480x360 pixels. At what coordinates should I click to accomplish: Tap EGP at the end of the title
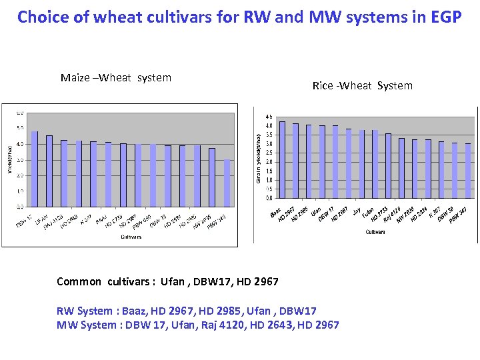click(442, 17)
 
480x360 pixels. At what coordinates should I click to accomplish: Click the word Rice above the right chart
click(323, 85)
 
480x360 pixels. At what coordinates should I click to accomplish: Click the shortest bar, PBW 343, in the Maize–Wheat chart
click(227, 183)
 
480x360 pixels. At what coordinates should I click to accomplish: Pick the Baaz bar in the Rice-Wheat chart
click(282, 159)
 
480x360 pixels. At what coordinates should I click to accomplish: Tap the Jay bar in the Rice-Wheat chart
click(362, 163)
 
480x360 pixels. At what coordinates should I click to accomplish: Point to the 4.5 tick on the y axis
click(268, 117)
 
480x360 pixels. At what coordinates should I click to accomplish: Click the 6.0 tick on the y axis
click(21, 113)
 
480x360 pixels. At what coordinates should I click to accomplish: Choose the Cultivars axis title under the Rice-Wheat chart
click(375, 232)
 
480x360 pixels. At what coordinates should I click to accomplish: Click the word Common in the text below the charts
click(79, 281)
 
